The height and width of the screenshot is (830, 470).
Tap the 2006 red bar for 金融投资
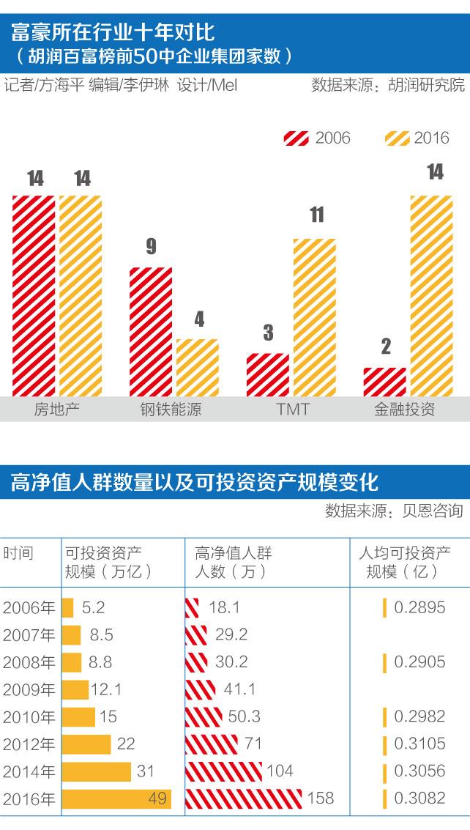385,382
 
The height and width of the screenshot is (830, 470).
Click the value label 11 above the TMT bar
316,215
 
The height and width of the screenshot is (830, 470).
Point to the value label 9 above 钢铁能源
151,245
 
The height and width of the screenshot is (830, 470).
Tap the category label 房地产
57,409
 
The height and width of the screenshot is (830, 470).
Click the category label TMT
293,409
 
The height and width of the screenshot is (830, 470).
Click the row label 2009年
29,689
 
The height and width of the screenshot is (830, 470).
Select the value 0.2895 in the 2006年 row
419,607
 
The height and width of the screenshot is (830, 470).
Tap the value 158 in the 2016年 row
321,797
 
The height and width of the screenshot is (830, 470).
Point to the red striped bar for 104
223,771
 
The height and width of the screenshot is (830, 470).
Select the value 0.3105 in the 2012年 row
419,744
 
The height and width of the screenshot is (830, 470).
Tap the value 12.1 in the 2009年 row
107,689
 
